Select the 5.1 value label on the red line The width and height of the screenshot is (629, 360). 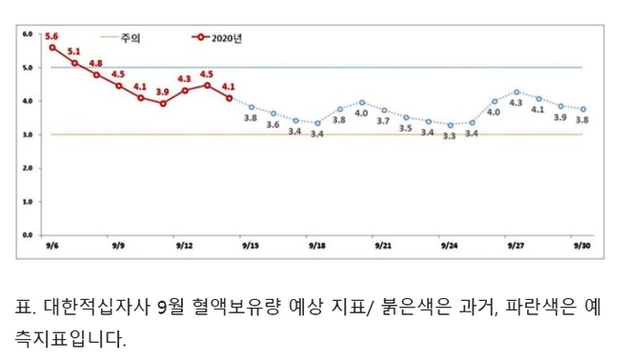(x=74, y=50)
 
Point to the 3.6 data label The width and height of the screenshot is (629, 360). (x=273, y=126)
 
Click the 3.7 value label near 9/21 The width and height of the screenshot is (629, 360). (x=383, y=122)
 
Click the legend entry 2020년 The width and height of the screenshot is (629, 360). (x=224, y=38)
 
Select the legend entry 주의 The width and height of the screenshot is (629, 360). (x=132, y=38)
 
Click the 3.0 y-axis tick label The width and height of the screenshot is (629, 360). (x=27, y=134)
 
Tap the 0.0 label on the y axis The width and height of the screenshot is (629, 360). (x=27, y=234)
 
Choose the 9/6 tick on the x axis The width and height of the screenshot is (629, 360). (x=51, y=245)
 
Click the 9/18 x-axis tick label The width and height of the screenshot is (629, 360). (x=316, y=245)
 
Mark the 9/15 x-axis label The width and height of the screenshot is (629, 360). (x=251, y=245)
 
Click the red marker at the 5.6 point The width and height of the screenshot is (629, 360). (x=52, y=47)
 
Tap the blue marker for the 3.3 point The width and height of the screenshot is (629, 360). (x=450, y=125)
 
